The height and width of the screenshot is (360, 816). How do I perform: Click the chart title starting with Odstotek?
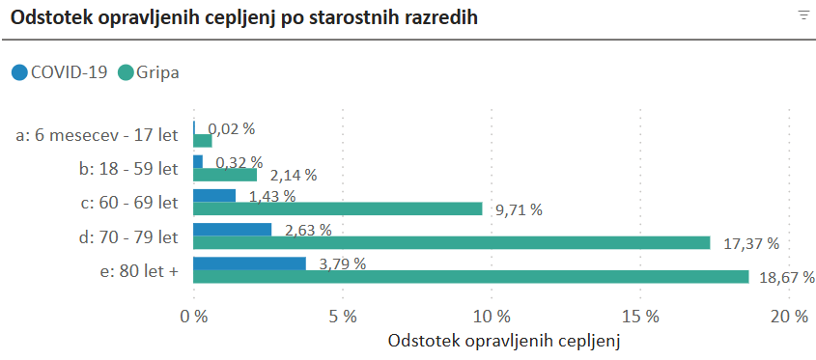pos(243,18)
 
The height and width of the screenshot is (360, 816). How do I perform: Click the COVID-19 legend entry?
pos(59,71)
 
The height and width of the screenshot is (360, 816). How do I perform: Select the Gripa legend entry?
pos(150,71)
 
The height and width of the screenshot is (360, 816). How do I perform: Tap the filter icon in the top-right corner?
pos(802,14)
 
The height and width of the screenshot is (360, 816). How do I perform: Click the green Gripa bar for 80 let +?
pos(471,277)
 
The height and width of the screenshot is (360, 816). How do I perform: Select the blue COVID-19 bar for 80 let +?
pos(250,263)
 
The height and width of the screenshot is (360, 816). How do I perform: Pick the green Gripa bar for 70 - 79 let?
pos(452,243)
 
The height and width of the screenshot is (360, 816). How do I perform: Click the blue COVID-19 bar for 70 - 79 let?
pos(233,230)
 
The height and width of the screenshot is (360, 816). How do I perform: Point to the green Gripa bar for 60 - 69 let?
pos(338,208)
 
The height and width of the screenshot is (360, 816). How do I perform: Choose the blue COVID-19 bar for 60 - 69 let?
pos(214,196)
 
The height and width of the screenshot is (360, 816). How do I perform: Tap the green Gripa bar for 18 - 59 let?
pos(225,175)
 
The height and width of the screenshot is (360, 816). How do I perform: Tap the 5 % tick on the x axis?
pos(343,316)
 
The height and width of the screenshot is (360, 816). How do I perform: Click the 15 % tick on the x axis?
pos(641,316)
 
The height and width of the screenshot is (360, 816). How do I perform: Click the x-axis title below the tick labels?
pos(502,342)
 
